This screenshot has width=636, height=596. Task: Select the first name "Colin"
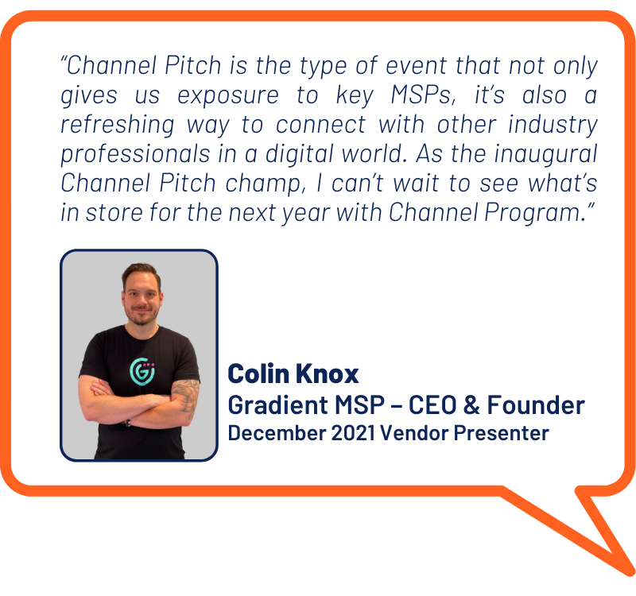[x=259, y=373]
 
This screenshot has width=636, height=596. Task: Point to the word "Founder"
[x=536, y=405]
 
